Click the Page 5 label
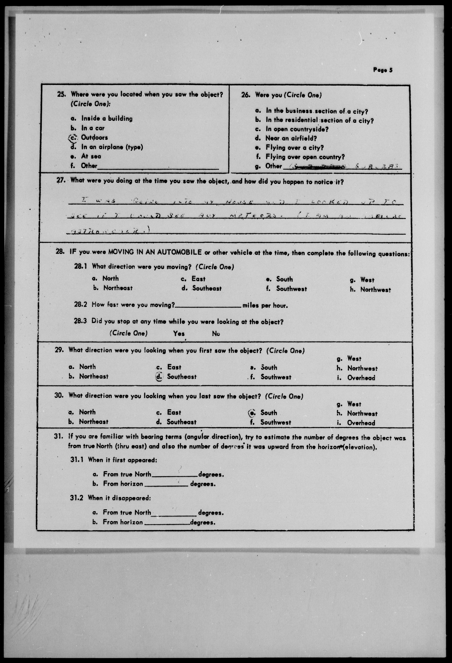pos(383,70)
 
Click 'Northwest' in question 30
pos(362,413)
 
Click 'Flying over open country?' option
pos(305,157)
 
